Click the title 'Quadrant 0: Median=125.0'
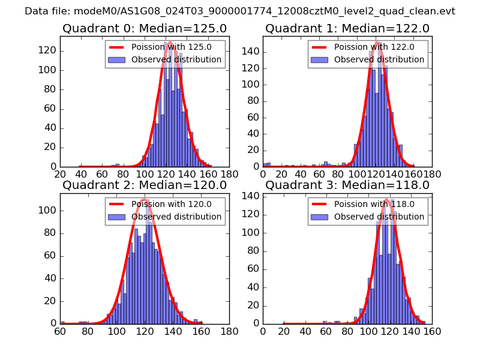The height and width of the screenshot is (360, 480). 144,28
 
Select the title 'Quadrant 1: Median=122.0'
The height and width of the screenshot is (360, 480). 347,28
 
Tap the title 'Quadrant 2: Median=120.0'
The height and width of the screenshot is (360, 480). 144,185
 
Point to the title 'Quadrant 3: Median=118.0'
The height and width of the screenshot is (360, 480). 347,185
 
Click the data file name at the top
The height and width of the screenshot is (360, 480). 240,11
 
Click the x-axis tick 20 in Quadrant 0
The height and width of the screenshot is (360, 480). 60,175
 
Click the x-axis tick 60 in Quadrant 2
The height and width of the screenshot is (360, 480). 60,331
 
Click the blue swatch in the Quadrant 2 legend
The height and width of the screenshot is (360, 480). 117,216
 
